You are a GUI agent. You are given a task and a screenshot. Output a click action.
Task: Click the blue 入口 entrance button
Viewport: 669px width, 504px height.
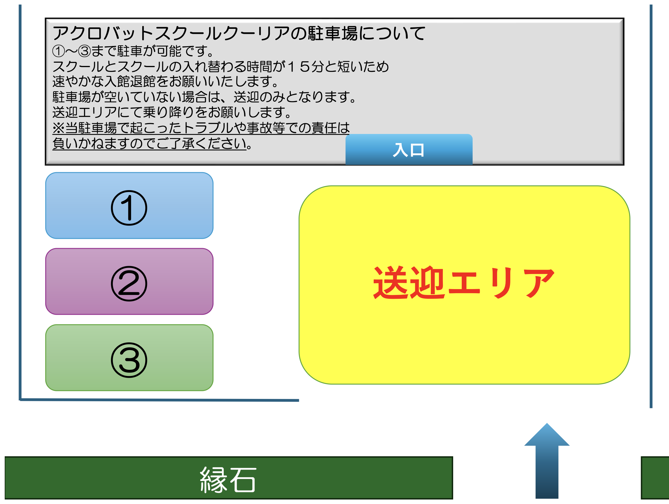coord(409,149)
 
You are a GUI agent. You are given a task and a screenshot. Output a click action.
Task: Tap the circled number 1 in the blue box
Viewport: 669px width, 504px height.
coord(129,208)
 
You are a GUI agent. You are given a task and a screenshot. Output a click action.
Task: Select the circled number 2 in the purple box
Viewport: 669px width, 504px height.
coord(129,283)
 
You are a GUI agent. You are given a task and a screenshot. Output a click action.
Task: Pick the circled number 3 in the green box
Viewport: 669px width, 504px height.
coord(129,360)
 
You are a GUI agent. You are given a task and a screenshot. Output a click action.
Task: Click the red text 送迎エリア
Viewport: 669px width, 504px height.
coord(464,283)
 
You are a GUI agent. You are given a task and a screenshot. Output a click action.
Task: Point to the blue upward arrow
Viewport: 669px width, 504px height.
coord(547,461)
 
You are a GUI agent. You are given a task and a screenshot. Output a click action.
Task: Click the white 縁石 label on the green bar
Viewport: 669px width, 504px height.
coord(228,480)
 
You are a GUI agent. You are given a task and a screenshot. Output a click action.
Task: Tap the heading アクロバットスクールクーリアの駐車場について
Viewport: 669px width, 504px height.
coord(239,33)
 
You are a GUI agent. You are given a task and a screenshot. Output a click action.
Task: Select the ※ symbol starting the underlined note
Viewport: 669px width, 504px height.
coord(59,128)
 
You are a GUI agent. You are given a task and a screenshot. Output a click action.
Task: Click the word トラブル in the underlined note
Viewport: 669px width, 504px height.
coord(208,128)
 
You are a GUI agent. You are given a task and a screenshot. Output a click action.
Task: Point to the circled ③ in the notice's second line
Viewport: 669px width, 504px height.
coord(85,51)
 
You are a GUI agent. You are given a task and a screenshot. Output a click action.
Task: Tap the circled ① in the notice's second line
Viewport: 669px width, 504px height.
coord(59,51)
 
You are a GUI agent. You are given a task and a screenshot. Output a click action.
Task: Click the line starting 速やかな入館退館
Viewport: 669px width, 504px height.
coord(165,81)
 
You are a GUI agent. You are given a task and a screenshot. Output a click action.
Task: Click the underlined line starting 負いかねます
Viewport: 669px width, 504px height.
coord(153,143)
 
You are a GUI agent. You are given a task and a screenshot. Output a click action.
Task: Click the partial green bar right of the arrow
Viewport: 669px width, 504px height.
coord(655,478)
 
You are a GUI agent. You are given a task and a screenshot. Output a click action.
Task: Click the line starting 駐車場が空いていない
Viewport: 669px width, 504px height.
coord(204,97)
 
